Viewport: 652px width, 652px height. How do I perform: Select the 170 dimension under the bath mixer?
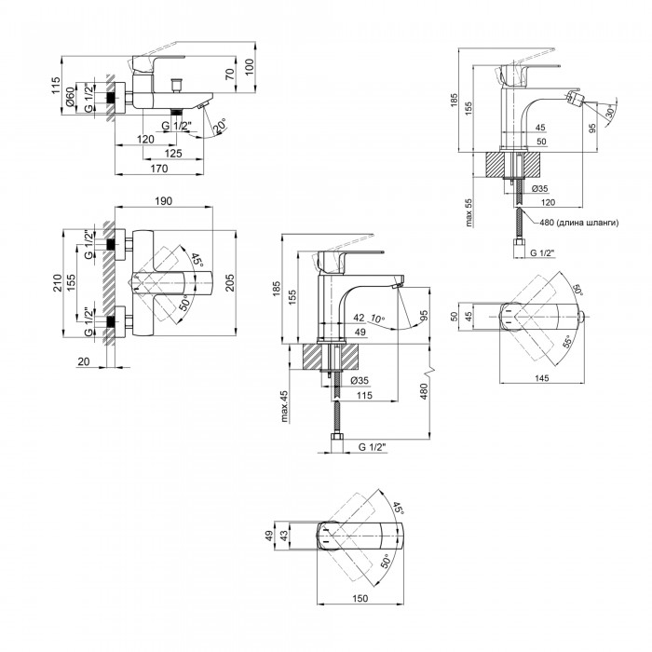tap(159, 169)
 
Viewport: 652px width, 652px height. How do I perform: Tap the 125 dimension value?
tap(173, 154)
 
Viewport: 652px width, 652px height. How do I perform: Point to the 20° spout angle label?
tap(220, 126)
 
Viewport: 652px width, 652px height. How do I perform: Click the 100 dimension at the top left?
tap(249, 67)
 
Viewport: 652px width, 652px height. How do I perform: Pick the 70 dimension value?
tap(230, 75)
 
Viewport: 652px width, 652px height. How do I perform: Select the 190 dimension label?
tap(163, 201)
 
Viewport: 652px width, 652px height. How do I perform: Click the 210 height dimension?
tap(57, 283)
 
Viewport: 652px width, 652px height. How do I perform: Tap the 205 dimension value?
tap(229, 283)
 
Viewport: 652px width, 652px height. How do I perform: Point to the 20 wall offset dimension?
tap(84, 361)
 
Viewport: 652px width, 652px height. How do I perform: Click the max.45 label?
tap(284, 406)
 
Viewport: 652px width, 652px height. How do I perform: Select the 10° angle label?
tap(377, 319)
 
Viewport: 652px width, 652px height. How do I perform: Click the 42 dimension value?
tap(359, 319)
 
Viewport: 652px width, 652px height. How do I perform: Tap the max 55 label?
tap(469, 212)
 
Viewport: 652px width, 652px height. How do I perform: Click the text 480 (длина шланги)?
tap(578, 223)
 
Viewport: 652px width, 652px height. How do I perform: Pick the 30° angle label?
tap(610, 113)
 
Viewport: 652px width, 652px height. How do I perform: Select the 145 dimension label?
tap(542, 378)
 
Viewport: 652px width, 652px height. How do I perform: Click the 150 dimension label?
tap(360, 598)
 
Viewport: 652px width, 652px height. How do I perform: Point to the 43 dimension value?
tap(284, 536)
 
